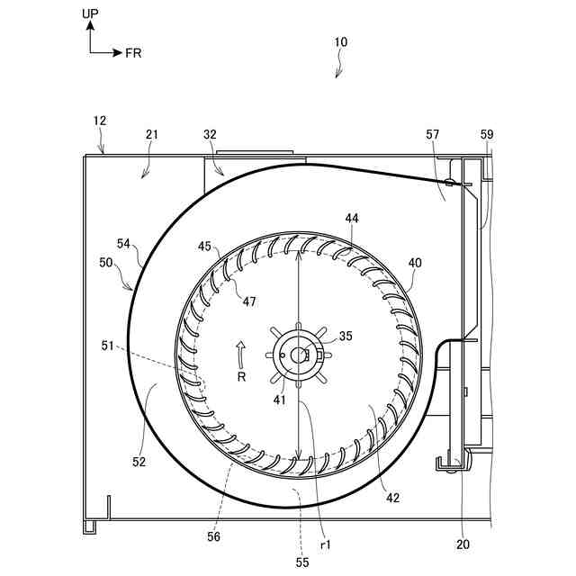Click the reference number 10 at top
(x=340, y=42)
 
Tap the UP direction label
(x=90, y=13)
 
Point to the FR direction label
(x=133, y=53)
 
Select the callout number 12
(x=100, y=121)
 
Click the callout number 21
(x=152, y=134)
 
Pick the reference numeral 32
(x=210, y=134)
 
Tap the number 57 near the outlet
(x=432, y=134)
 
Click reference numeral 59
(x=487, y=134)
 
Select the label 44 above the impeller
(x=352, y=218)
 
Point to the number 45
(x=204, y=246)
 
